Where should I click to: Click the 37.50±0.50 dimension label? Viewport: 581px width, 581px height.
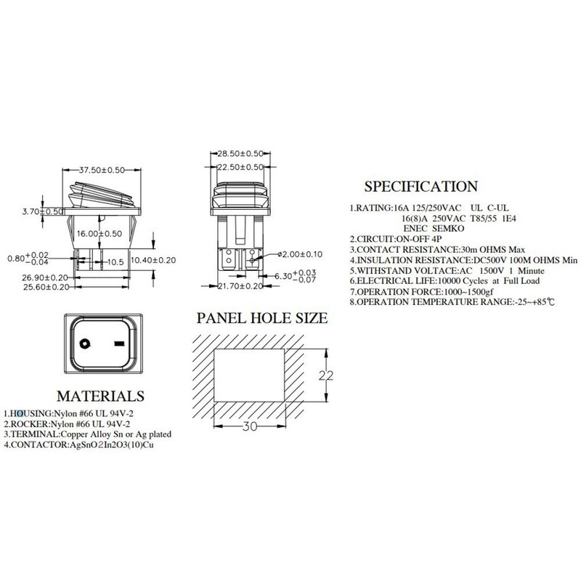pyautogui.click(x=102, y=170)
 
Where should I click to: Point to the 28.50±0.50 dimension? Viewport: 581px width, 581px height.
pyautogui.click(x=242, y=155)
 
